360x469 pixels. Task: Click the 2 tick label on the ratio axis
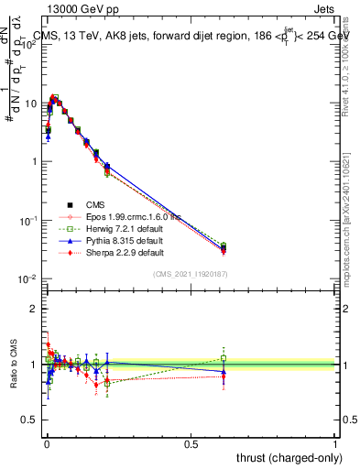click(x=34, y=310)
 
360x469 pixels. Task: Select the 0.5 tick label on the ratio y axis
click(x=29, y=419)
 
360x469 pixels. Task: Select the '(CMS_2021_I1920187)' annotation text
click(x=190, y=274)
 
